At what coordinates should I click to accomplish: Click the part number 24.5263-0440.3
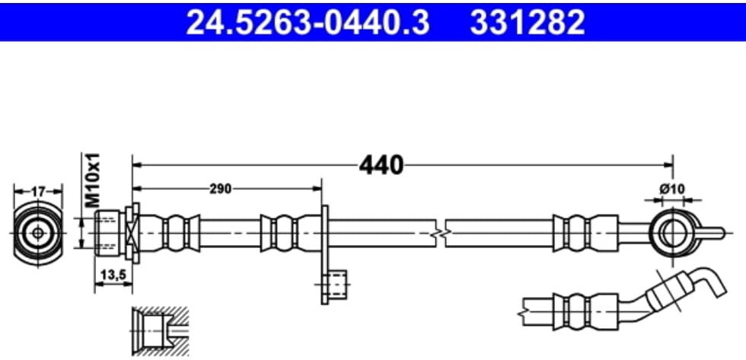(x=308, y=22)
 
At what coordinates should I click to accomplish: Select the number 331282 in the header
(x=527, y=22)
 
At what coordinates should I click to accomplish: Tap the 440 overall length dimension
(x=381, y=165)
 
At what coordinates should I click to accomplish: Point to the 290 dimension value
(x=221, y=189)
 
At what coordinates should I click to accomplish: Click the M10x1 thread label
(x=93, y=180)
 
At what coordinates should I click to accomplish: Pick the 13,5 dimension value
(x=113, y=275)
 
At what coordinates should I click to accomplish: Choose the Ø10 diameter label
(x=672, y=189)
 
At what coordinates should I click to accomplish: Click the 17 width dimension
(x=38, y=192)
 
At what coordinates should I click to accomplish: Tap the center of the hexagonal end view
(x=38, y=233)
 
